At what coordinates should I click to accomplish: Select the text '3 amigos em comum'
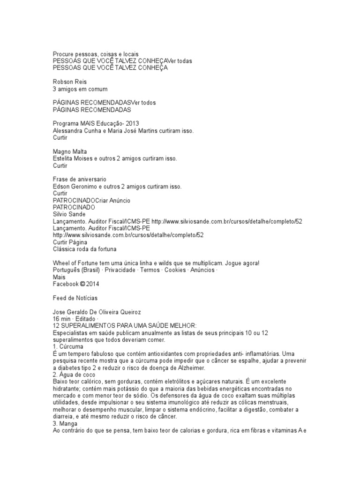(80, 89)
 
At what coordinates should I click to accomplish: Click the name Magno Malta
(70, 151)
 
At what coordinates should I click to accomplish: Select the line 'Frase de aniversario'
(80, 179)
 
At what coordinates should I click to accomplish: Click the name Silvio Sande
(69, 214)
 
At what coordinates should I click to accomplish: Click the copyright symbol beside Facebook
(82, 284)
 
